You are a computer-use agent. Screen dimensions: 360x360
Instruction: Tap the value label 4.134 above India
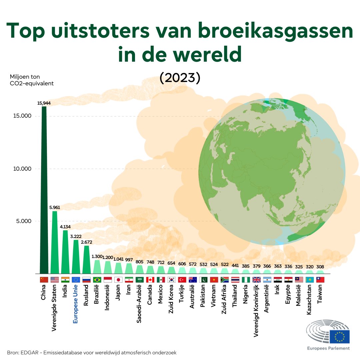65,227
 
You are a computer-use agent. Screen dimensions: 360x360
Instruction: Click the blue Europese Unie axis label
76,304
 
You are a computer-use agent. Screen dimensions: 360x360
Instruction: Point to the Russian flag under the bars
86,280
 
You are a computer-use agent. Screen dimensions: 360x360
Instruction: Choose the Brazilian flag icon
97,280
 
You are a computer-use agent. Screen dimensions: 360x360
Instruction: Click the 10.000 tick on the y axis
22,169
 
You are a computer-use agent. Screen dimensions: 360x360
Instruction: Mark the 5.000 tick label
22,221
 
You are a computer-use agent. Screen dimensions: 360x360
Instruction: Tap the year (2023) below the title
180,77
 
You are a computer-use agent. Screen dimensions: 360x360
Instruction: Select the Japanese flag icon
118,280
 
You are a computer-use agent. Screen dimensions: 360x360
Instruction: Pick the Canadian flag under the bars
150,280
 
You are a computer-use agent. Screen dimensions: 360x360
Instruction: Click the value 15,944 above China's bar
44,103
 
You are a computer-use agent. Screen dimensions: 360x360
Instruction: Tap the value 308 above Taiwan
320,267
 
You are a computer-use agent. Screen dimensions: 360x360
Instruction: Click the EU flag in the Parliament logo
340,337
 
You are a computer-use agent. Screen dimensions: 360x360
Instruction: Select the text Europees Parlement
328,348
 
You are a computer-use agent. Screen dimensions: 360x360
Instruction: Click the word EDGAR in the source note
29,352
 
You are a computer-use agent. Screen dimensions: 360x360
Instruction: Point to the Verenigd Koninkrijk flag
256,280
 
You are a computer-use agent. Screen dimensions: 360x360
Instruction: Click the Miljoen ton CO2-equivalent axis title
32,80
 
